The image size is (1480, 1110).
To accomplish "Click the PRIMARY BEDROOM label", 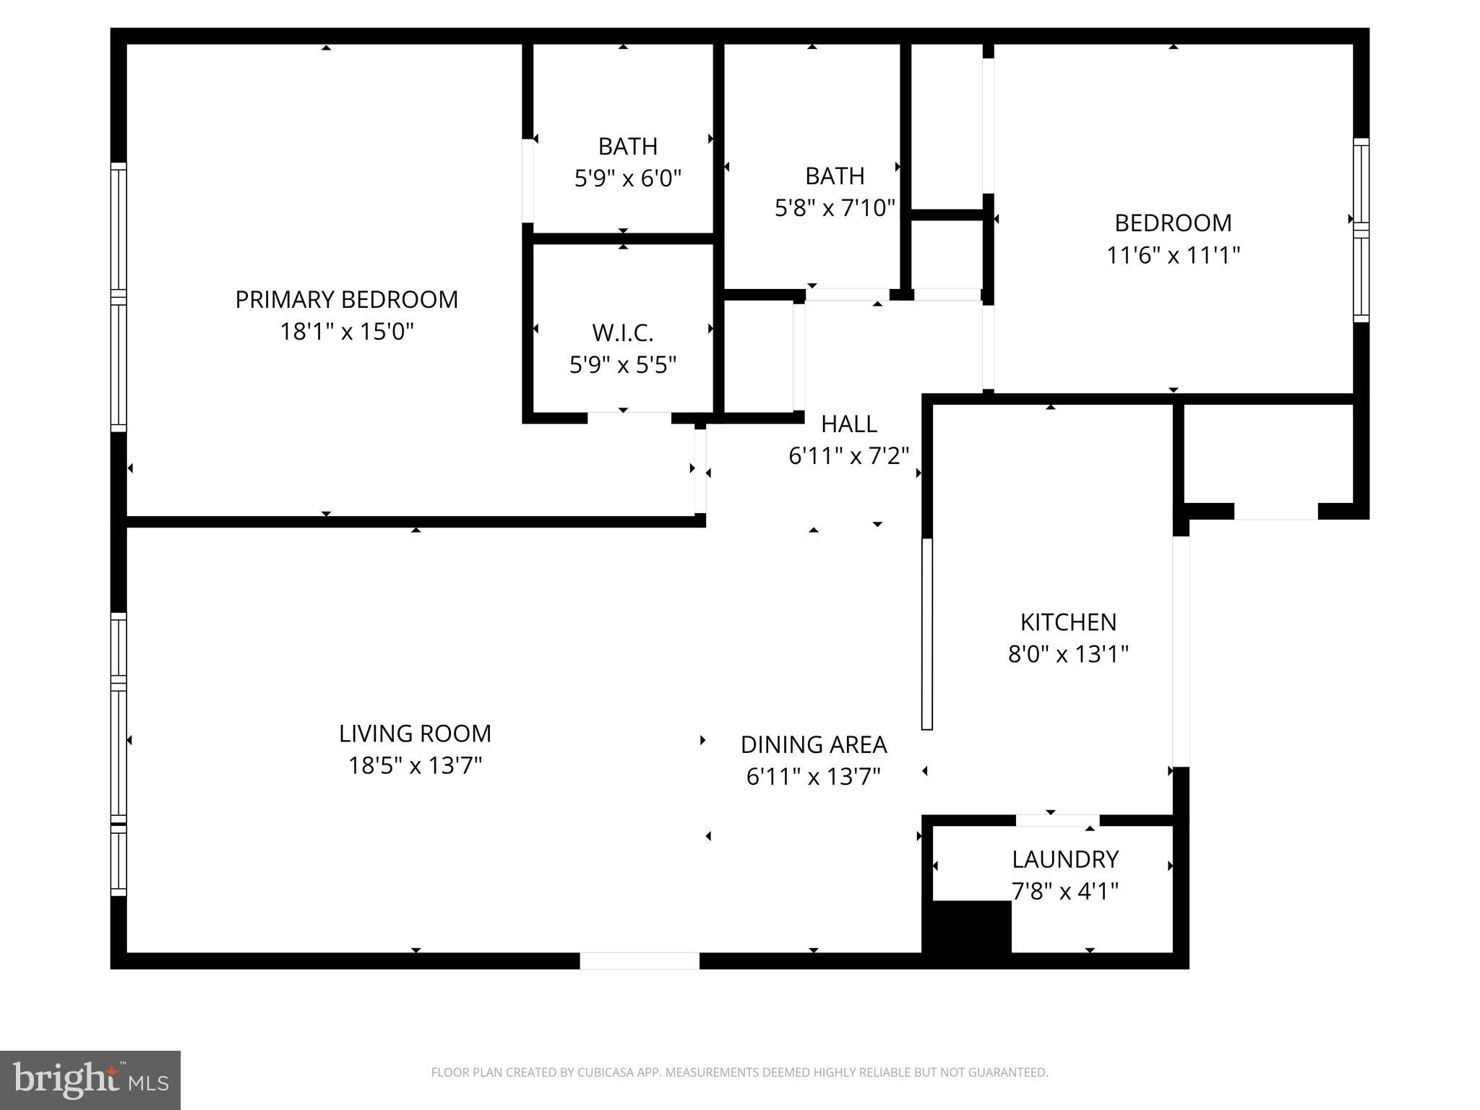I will point(347,299).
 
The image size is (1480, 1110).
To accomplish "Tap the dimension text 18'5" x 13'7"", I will point(415,765).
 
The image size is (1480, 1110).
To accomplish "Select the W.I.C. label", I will point(623,333).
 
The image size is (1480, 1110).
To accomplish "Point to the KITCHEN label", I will point(1068,622).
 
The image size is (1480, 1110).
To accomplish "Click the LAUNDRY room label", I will point(1065,859).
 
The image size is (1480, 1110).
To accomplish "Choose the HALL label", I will point(849,424).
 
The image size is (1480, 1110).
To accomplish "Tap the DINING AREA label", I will point(814,744).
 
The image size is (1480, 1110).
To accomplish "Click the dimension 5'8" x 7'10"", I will point(835,208).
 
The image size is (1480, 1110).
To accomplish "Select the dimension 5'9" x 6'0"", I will point(628,178).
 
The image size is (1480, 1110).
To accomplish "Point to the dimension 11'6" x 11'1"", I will point(1173,255).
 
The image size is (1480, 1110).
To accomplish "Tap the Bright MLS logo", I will point(90,1080).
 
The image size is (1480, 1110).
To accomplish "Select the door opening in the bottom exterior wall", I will point(640,960).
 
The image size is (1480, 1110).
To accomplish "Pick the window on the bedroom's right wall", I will point(1361,230).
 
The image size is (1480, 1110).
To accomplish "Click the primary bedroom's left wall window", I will point(118,297).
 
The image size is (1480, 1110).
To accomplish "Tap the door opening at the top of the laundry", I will point(1058,820).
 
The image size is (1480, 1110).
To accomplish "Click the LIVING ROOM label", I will point(415,733).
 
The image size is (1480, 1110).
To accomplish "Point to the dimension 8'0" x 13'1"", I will point(1068,655).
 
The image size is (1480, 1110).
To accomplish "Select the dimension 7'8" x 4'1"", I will point(1065,892).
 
